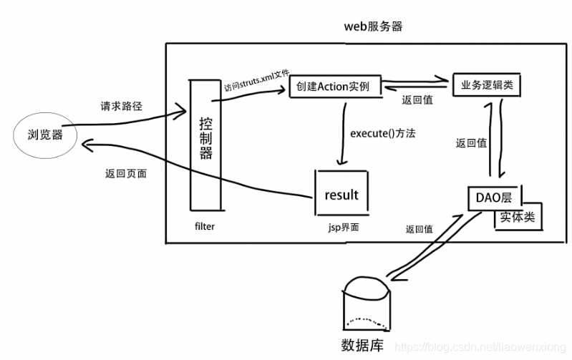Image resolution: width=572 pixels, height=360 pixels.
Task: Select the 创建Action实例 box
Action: click(x=334, y=87)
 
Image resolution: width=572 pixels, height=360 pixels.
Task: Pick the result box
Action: click(x=341, y=194)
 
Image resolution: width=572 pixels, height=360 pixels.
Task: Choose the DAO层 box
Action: click(x=494, y=196)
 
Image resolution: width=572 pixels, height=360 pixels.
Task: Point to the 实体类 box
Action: click(x=518, y=216)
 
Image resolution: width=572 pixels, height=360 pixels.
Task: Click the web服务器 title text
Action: click(x=372, y=27)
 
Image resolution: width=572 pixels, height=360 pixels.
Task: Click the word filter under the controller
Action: click(x=204, y=226)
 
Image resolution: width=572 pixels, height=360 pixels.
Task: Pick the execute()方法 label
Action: click(x=383, y=133)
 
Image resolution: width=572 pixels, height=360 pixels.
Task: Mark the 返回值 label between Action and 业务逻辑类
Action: click(x=416, y=100)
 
